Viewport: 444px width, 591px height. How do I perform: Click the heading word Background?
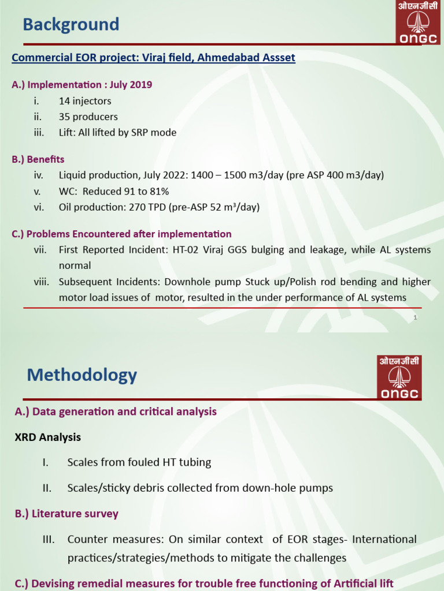pos(71,25)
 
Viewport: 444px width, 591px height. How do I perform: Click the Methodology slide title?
pos(82,375)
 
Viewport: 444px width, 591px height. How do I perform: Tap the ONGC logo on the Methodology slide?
pos(399,378)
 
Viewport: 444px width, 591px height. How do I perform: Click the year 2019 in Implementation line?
pos(141,85)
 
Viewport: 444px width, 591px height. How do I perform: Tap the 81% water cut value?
pos(158,191)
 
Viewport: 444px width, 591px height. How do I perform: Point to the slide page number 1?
pos(415,317)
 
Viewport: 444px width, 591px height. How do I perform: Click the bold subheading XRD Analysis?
pos(47,437)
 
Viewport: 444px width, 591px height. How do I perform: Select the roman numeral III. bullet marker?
pos(48,539)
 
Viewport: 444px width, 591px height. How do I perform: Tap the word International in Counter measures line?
pos(384,539)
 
